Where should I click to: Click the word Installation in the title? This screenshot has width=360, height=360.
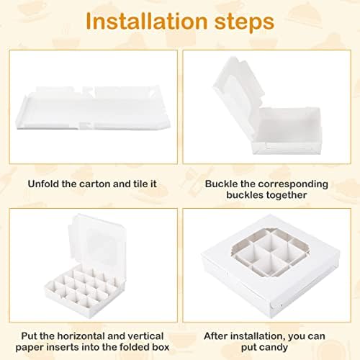pyautogui.click(x=146, y=21)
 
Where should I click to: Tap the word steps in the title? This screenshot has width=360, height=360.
pyautogui.click(x=244, y=22)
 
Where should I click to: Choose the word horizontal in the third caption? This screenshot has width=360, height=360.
pyautogui.click(x=81, y=336)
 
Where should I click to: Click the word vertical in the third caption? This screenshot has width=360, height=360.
pyautogui.click(x=145, y=336)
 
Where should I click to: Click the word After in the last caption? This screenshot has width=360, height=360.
pyautogui.click(x=216, y=336)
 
